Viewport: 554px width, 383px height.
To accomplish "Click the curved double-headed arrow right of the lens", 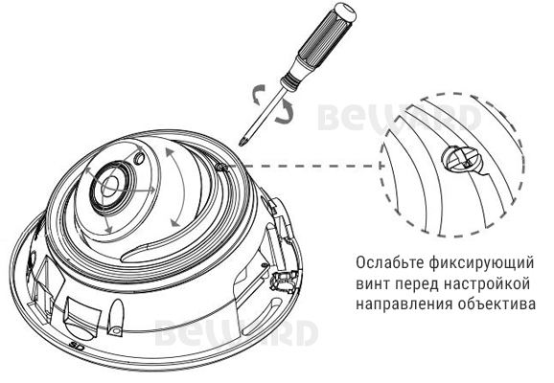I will tap(178, 187).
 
